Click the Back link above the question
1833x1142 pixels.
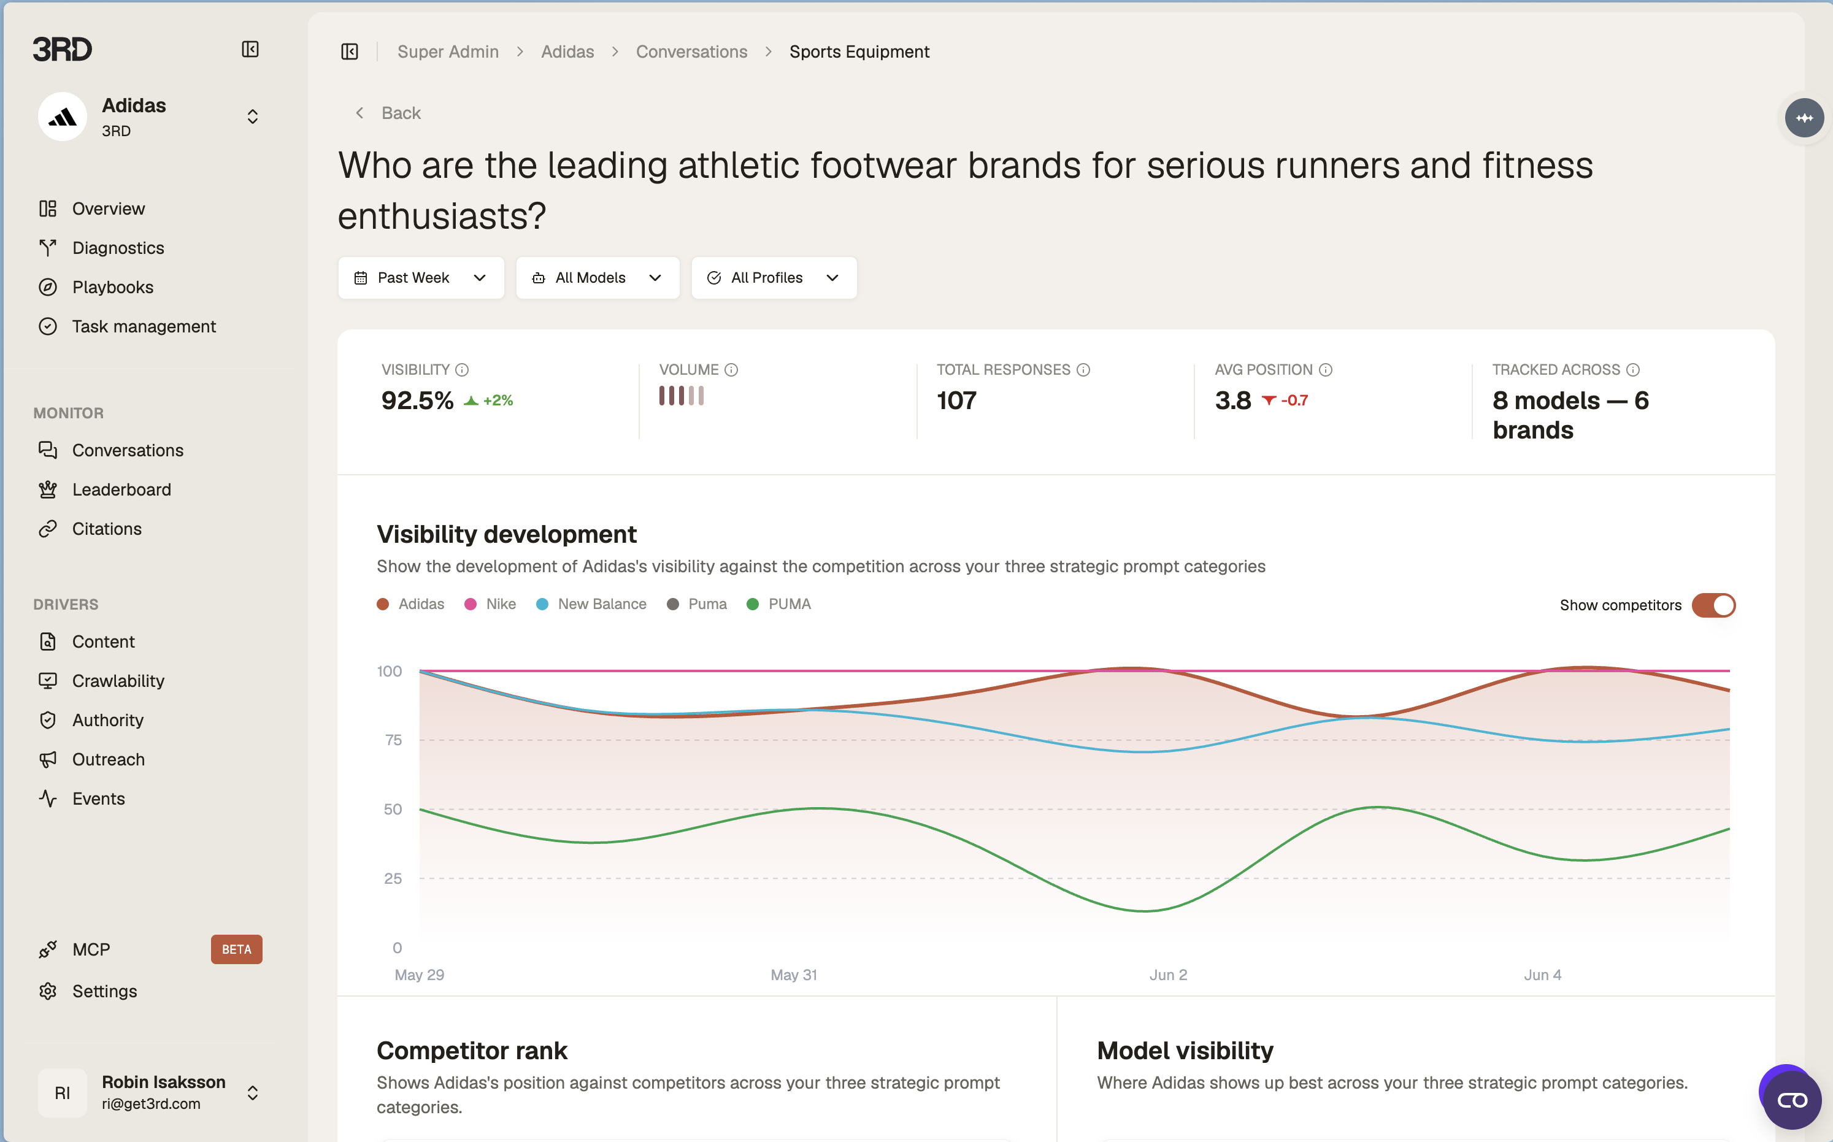point(388,113)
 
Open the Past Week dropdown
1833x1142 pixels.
point(421,278)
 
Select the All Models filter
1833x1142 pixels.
point(598,278)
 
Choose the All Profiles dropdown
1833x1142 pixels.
point(774,278)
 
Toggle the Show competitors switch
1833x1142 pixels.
point(1713,605)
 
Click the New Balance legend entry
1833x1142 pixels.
point(591,604)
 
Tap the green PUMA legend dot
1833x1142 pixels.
point(752,604)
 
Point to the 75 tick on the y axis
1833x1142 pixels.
point(393,740)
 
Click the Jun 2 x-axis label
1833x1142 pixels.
point(1167,975)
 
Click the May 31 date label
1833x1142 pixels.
point(794,975)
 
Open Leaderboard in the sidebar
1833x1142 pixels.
point(121,489)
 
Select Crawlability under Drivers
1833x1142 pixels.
point(118,681)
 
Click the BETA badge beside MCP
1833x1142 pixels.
point(236,949)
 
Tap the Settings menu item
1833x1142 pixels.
point(104,991)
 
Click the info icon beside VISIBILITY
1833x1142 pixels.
point(462,369)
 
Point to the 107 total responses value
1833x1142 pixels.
point(957,400)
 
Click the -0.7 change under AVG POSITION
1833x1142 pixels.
point(1294,400)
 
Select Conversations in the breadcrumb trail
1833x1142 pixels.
point(691,52)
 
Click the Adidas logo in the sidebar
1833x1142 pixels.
point(63,117)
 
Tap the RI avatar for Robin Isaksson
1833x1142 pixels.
point(63,1092)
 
